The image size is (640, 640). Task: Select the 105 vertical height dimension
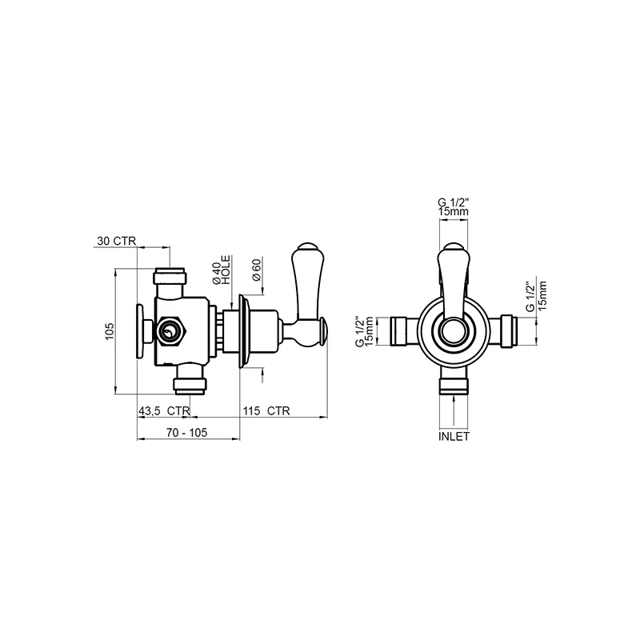coord(110,330)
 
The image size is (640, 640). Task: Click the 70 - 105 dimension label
coord(187,432)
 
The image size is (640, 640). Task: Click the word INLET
coord(454,438)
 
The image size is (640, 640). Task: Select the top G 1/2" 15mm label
coord(453,206)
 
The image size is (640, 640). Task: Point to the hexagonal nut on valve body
coord(170,331)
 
